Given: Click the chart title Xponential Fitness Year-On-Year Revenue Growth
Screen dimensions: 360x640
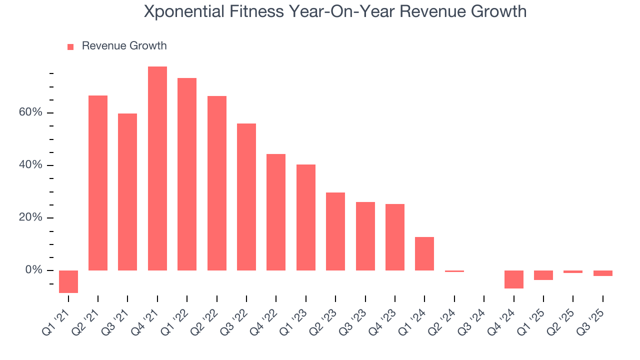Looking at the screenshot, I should click(335, 11).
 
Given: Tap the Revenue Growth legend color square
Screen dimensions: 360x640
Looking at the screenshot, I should click(70, 46).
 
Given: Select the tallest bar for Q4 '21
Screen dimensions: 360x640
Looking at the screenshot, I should click(157, 168).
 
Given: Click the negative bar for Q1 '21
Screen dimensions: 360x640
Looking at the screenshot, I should click(68, 281).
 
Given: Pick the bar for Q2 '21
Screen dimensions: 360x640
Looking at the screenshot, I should click(98, 183).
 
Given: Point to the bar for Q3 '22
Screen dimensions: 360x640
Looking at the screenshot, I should click(246, 197).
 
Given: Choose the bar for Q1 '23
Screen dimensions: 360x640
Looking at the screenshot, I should click(306, 217).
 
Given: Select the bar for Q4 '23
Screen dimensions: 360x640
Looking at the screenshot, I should click(395, 237).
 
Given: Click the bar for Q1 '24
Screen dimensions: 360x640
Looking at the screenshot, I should click(424, 253).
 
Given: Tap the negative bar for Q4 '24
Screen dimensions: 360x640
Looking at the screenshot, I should click(513, 279).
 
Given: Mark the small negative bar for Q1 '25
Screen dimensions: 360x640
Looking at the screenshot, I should click(543, 275).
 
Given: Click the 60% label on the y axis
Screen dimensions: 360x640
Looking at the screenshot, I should click(31, 112).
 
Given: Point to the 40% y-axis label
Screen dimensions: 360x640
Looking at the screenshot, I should click(31, 165).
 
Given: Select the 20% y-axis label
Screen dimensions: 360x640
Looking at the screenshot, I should click(31, 217).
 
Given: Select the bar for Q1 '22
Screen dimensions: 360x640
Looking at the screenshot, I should click(187, 174).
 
